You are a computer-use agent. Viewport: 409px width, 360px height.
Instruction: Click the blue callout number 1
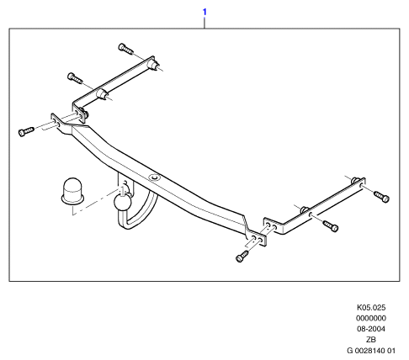click(x=204, y=12)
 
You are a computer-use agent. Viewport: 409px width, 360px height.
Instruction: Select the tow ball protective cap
click(x=72, y=191)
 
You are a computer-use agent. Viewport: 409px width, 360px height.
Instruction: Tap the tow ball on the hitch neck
click(x=122, y=202)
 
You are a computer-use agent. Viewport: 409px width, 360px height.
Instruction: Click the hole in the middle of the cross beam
click(x=155, y=177)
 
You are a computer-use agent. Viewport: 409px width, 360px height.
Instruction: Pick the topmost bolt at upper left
click(x=125, y=49)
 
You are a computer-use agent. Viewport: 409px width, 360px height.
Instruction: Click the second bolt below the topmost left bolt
click(x=75, y=78)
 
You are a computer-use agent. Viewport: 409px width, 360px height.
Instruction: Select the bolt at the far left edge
click(x=26, y=131)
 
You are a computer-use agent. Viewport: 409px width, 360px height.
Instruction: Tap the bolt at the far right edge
click(x=382, y=196)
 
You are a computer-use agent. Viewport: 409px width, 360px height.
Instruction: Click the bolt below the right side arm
click(x=331, y=225)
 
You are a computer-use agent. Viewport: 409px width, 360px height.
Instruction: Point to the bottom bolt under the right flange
click(x=242, y=257)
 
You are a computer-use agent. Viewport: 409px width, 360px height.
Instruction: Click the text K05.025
click(x=371, y=308)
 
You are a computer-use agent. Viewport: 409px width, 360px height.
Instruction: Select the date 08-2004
click(x=371, y=329)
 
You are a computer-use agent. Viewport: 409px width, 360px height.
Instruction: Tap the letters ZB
click(x=371, y=340)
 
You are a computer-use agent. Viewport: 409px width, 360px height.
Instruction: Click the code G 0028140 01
click(x=371, y=351)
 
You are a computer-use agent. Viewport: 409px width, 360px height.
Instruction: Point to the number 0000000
click(x=371, y=318)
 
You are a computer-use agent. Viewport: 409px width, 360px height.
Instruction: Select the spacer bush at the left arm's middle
click(x=102, y=93)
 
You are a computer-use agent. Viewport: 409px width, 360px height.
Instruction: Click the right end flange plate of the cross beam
click(x=257, y=238)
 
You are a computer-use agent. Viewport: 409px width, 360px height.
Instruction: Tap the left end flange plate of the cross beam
click(x=58, y=123)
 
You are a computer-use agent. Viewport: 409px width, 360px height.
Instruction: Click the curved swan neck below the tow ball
click(x=138, y=217)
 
